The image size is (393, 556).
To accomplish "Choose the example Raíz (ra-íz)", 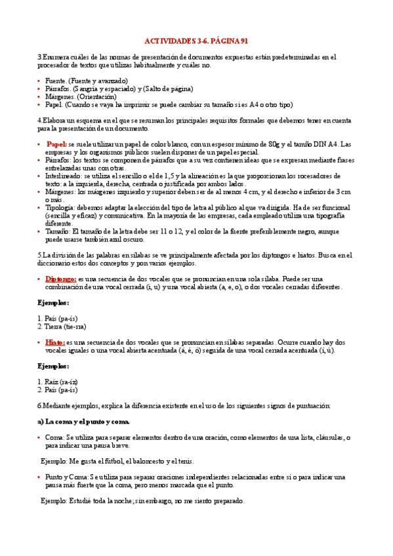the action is [x=61, y=381].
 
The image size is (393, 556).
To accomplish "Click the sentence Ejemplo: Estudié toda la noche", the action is [x=142, y=501].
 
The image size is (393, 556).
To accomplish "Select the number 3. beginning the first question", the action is [x=40, y=58].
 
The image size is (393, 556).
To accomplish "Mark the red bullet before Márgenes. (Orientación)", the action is [x=39, y=97].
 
